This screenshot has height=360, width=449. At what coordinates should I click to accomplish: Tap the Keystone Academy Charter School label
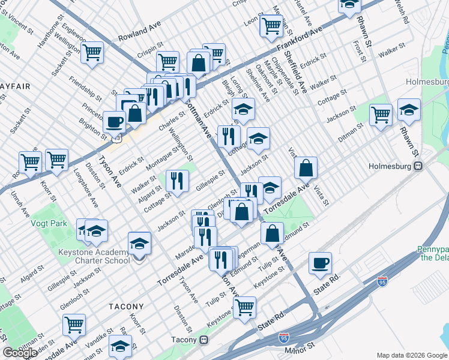click(x=94, y=256)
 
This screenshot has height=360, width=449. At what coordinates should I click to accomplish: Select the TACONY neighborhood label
click(x=125, y=306)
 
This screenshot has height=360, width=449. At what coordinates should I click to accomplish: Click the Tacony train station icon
click(x=204, y=340)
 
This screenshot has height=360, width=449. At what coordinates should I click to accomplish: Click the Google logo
click(x=20, y=353)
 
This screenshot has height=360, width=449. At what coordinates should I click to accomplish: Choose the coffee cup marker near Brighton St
click(x=114, y=122)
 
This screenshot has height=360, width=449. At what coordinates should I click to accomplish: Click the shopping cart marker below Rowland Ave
click(x=92, y=52)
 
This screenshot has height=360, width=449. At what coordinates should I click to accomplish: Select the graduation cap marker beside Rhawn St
click(x=409, y=109)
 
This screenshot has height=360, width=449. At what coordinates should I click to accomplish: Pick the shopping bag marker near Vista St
click(x=306, y=168)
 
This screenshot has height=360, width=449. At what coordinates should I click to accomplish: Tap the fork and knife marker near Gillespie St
click(x=177, y=180)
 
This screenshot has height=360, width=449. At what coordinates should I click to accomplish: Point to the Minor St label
click(x=300, y=347)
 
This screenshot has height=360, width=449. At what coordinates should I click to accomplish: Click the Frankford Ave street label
click(x=300, y=40)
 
